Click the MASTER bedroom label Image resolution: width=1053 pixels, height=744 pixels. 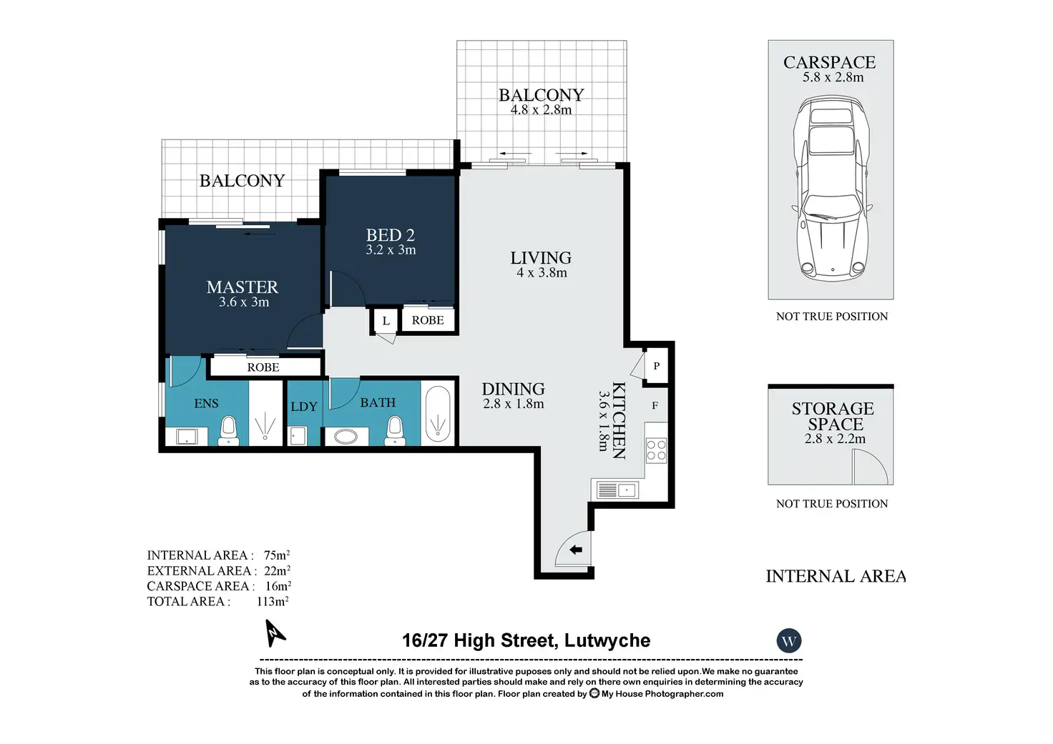click(242, 287)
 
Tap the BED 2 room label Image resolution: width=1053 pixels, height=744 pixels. click(390, 235)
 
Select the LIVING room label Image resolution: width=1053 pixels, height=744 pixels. click(541, 258)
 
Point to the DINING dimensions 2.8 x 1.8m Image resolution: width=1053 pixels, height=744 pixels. click(514, 404)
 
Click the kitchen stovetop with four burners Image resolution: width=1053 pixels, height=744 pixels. click(656, 450)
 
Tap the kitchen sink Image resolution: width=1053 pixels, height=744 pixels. click(617, 490)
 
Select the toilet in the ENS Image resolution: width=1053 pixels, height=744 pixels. click(228, 430)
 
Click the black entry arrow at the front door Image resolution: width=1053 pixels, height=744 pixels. click(576, 550)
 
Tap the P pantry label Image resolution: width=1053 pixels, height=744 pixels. click(656, 365)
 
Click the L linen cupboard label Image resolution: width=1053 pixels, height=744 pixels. click(386, 321)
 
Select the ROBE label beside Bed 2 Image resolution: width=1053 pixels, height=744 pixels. click(428, 320)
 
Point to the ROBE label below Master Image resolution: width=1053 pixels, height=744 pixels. click(263, 367)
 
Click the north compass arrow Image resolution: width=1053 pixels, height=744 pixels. click(275, 633)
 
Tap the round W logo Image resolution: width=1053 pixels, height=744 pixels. click(789, 640)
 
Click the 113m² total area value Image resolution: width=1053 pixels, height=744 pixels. click(273, 601)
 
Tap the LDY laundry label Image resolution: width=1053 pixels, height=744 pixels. click(304, 407)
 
